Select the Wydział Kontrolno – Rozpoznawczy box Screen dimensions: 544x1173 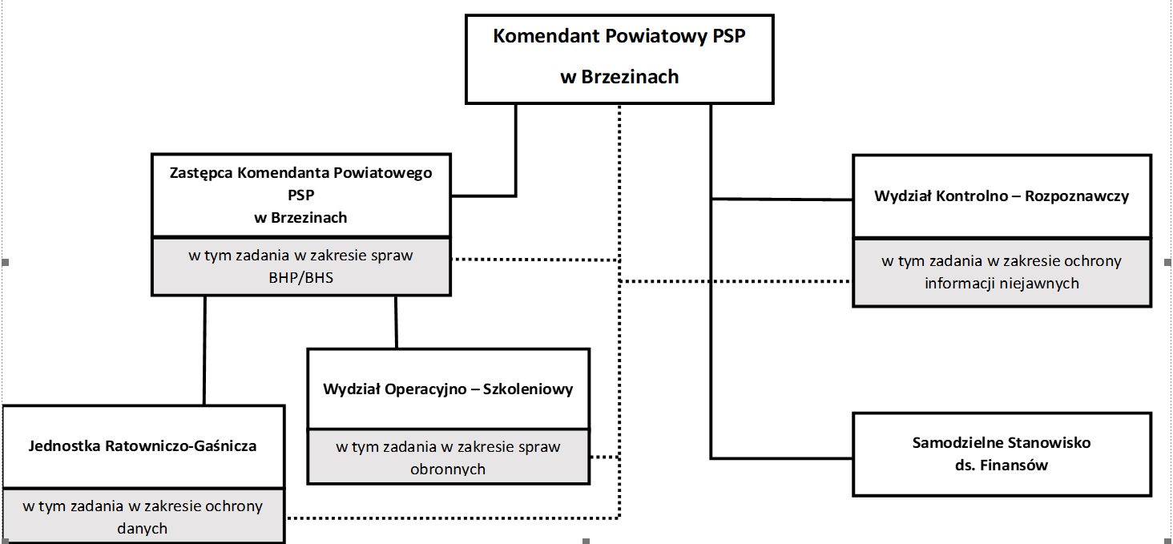(x=1002, y=196)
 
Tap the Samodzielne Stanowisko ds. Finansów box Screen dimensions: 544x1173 (x=1002, y=453)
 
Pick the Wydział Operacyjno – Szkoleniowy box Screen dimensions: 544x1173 (x=448, y=389)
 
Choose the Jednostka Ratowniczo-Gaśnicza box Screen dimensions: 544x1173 (x=143, y=446)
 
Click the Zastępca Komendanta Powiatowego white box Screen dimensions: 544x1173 (x=300, y=195)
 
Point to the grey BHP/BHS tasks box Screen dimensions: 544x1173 (x=300, y=267)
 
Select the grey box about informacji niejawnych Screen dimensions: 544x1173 (x=1002, y=272)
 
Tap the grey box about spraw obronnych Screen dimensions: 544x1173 (x=448, y=457)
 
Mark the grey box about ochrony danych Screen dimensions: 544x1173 (x=143, y=517)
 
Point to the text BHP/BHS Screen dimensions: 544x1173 (x=300, y=277)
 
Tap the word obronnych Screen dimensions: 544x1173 (x=448, y=469)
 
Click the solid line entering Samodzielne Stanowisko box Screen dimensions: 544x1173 (x=781, y=458)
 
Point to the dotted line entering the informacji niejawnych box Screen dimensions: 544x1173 (x=737, y=281)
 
